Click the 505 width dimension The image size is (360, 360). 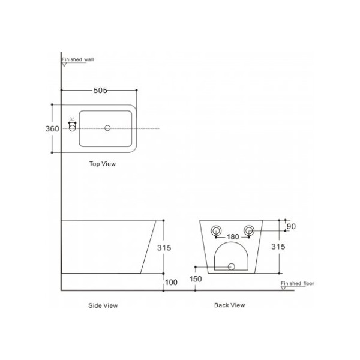pos(100,91)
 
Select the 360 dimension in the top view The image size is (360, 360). pos(52,129)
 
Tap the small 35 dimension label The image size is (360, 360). pos(72,119)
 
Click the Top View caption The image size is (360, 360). pos(103,164)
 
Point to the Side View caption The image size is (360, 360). pos(103,305)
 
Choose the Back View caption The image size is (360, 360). pos(229,305)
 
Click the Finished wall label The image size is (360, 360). pos(77,59)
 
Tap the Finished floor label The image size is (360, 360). pos(298,284)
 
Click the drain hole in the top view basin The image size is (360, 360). pos(107,128)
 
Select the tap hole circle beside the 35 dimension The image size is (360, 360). pos(73,128)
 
